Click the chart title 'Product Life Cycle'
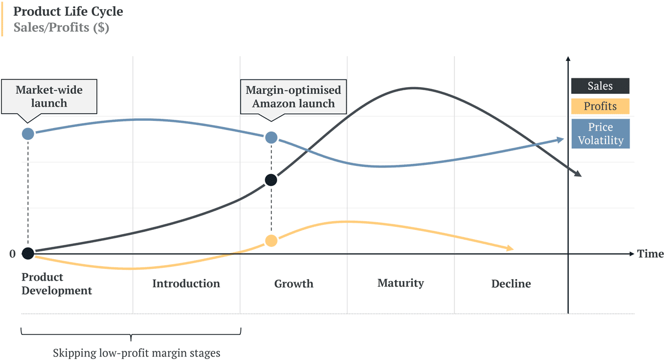68,11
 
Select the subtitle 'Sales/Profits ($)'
61,28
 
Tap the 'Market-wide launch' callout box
49,96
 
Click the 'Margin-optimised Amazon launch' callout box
293,96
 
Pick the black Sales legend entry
600,86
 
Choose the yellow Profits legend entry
600,107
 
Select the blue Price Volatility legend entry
600,134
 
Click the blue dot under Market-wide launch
28,134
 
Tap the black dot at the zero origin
28,253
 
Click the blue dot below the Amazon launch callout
272,137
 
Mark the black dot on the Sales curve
272,180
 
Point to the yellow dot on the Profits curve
272,241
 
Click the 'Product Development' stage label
56,284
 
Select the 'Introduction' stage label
186,284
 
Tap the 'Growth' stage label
294,284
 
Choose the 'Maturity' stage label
401,283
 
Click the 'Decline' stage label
511,284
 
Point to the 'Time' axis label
650,254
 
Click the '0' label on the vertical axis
13,254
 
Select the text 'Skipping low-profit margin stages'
137,353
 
